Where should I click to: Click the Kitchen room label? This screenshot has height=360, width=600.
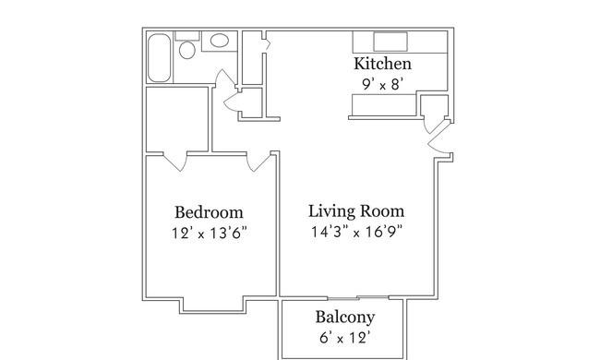pos(383,64)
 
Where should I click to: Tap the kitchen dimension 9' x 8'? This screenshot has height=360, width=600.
pos(383,84)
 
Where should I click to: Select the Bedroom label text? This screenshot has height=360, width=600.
pos(209,212)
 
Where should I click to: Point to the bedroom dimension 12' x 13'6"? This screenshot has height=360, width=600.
pos(209,233)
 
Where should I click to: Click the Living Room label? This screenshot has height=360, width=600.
pos(356,211)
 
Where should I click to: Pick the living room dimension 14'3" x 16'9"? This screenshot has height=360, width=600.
pos(356,232)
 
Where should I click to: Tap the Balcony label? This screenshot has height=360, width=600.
pos(345,318)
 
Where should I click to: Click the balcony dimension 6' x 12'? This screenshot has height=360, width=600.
pos(345,338)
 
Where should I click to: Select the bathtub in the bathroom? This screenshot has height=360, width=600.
pos(159,58)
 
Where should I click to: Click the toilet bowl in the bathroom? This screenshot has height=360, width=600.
pos(187,50)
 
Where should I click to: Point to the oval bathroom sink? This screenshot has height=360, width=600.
pos(220,41)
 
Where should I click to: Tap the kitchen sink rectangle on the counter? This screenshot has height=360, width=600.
pos(390,42)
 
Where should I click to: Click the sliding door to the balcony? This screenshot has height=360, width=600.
pos(358,297)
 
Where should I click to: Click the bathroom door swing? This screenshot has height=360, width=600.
pos(225,80)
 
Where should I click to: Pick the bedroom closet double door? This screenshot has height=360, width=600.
pos(175,161)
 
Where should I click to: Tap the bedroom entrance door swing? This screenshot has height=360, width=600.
pos(259,162)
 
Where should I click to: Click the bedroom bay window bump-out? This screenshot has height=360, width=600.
pos(213,306)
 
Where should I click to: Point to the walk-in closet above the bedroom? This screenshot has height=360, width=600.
pos(177,119)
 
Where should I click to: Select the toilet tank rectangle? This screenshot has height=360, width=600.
pos(187,36)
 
